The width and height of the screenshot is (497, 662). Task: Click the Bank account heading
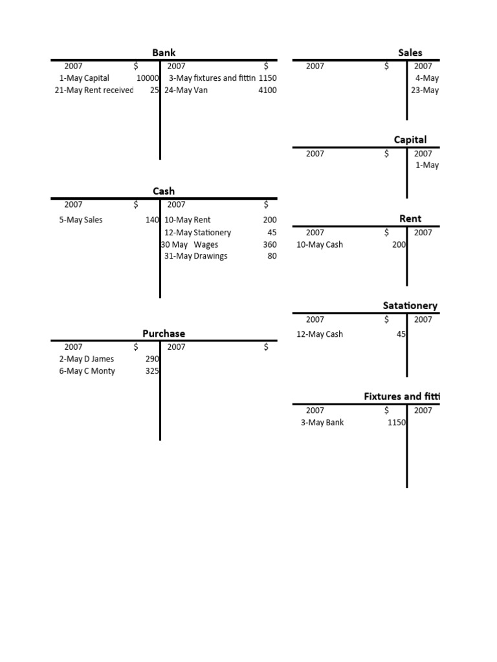(164, 52)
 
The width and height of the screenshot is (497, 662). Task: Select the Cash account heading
(164, 191)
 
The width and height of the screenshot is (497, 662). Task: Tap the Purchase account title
(164, 333)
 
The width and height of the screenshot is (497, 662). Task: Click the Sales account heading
(410, 52)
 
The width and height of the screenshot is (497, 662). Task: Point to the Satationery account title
(410, 305)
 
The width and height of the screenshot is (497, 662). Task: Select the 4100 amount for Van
(267, 91)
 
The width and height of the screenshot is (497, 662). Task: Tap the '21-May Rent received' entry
(94, 91)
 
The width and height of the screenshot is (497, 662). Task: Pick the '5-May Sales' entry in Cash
(81, 220)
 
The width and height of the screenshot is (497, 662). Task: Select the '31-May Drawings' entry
(196, 256)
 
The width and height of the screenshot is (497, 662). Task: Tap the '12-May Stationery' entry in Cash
(198, 233)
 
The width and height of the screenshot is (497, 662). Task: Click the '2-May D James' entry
(87, 359)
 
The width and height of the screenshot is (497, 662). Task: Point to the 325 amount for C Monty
(153, 371)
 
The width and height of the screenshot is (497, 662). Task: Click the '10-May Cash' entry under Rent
(320, 245)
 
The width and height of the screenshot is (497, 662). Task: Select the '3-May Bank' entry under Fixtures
(322, 423)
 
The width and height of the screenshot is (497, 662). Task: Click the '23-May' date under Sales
(425, 91)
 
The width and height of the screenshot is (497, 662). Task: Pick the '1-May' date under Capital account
(427, 165)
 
